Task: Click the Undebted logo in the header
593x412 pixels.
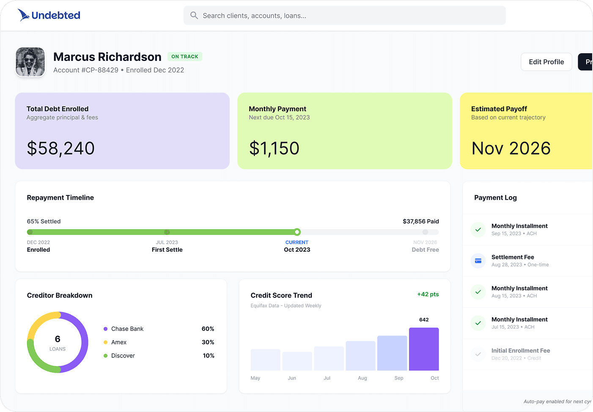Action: tap(49, 15)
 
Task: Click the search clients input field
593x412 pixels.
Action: tap(344, 16)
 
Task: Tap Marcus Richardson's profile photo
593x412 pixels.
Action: tap(30, 62)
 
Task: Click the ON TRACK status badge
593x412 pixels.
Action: tap(185, 57)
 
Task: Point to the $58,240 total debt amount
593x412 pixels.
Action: tap(61, 148)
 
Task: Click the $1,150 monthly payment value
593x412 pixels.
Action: tap(274, 148)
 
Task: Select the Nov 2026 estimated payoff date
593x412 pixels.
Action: tap(511, 148)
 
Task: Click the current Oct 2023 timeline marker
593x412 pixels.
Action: tap(297, 232)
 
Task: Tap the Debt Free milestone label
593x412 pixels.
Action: tap(425, 250)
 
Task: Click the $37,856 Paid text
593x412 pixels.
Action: tap(420, 221)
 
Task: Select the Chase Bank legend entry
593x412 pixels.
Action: tap(127, 329)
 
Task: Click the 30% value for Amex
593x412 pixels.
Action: tap(208, 342)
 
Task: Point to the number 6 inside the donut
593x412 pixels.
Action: tap(58, 339)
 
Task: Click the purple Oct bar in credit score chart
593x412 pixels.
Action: tap(424, 349)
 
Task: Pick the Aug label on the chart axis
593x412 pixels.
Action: tap(362, 378)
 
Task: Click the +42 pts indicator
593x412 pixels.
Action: tap(428, 294)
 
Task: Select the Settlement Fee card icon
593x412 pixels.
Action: tap(478, 261)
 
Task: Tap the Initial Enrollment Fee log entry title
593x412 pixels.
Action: tap(521, 351)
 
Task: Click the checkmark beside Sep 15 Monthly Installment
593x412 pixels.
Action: tap(478, 230)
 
